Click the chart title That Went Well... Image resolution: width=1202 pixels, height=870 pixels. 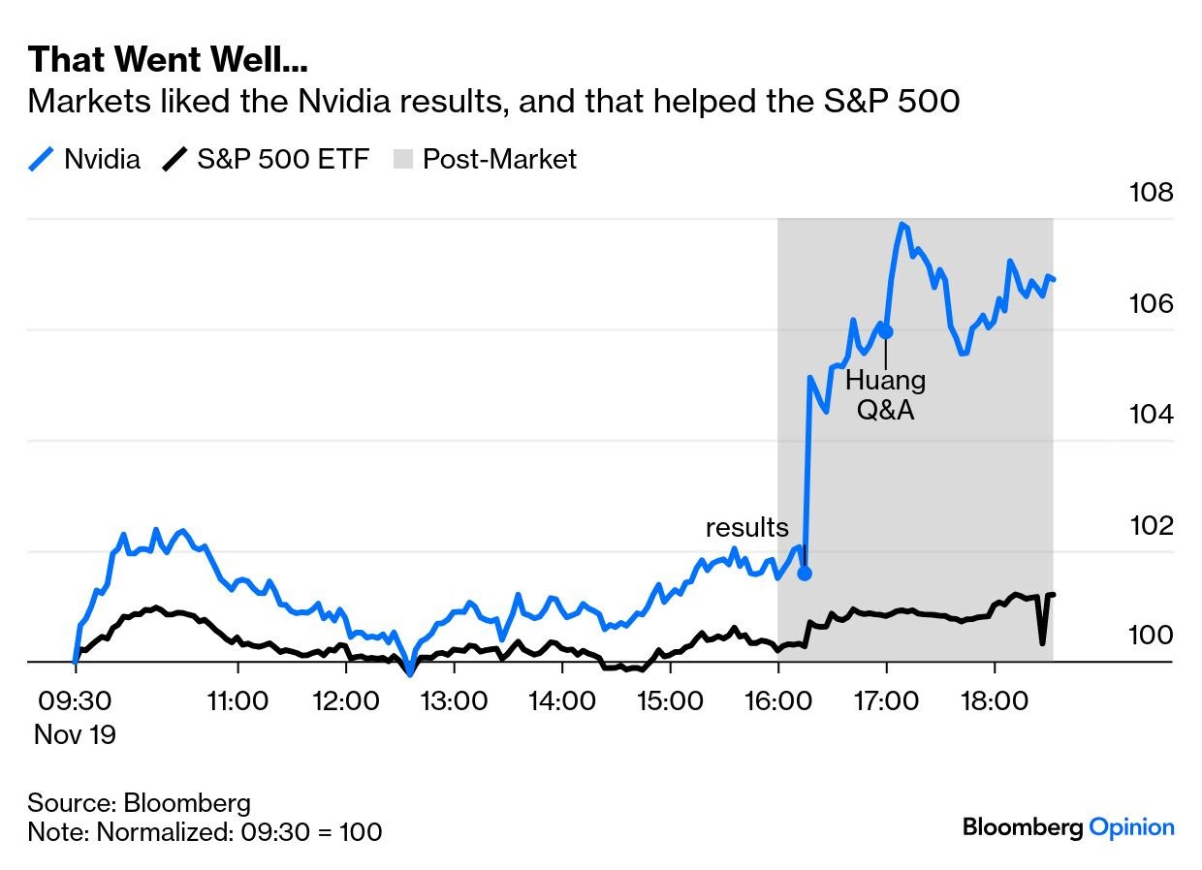click(168, 60)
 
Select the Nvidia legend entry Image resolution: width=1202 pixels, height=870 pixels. click(85, 159)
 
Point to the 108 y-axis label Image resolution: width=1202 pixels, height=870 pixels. click(1151, 193)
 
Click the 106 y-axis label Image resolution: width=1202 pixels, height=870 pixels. click(1151, 304)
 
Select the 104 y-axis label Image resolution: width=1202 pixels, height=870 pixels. click(1151, 415)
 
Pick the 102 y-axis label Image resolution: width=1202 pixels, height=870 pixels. click(1151, 525)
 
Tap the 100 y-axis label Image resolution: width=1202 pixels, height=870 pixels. click(1151, 636)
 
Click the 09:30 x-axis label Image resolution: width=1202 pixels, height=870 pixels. click(75, 699)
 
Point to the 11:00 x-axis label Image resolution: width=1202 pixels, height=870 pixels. click(237, 699)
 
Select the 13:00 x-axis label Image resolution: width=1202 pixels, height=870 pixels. click(455, 699)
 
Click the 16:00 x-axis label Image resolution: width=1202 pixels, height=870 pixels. click(778, 699)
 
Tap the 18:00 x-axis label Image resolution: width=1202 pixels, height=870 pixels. click(995, 699)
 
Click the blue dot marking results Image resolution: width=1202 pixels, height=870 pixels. click(804, 573)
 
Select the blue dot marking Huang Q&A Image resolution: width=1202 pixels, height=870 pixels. click(885, 331)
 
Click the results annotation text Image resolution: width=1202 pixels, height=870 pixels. click(746, 528)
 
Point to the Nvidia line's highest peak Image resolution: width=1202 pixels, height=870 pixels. click(902, 224)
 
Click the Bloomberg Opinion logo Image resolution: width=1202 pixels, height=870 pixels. click(1068, 827)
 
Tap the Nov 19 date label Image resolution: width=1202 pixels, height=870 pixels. click(75, 735)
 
